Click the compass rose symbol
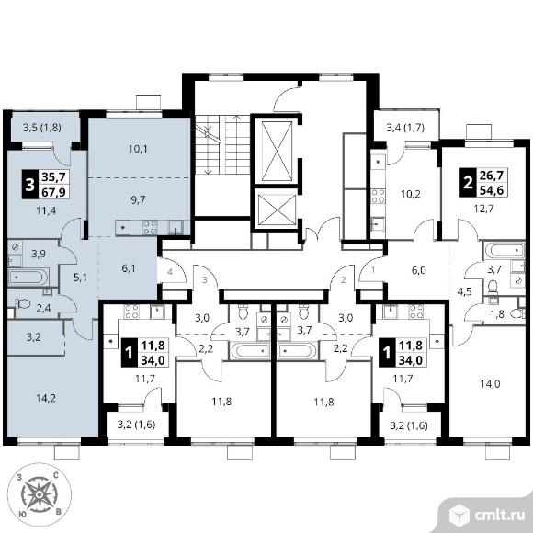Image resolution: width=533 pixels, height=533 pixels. [x=40, y=493]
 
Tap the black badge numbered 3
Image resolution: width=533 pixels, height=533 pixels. [x=30, y=184]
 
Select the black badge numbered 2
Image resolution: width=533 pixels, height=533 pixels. [x=468, y=183]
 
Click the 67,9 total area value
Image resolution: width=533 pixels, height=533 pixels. [x=54, y=192]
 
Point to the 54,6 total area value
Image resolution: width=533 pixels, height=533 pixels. [x=493, y=190]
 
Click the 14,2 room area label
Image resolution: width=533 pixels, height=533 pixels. [x=46, y=398]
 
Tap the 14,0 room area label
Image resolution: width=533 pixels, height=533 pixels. [x=490, y=384]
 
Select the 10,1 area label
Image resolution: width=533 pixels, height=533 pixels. [x=138, y=149]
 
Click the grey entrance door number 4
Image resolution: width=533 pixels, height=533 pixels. [x=170, y=272]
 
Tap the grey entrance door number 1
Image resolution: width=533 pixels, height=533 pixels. [x=373, y=270]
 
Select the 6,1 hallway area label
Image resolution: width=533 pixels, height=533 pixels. [x=128, y=268]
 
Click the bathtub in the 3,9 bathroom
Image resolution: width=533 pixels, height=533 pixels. [x=28, y=277]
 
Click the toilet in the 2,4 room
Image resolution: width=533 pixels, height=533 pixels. [x=24, y=303]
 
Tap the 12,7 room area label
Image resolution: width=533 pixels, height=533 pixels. [x=483, y=208]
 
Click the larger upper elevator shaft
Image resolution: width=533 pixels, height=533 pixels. [x=277, y=150]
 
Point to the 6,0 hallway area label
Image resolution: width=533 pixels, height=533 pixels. [x=418, y=270]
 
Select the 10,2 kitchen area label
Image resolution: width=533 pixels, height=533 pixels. [x=411, y=194]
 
